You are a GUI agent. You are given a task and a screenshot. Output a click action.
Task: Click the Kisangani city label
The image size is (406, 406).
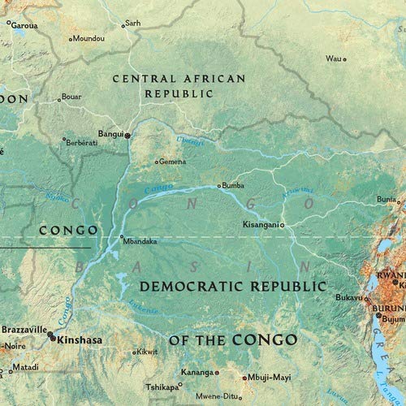(x=261, y=223)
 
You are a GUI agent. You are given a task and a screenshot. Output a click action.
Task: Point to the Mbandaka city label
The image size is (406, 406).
(x=138, y=240)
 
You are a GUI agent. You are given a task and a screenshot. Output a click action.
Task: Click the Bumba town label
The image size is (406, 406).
(x=233, y=185)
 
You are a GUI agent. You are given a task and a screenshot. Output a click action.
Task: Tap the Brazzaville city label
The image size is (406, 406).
(x=24, y=331)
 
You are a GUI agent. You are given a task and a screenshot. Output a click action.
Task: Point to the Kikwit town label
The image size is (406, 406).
(x=146, y=352)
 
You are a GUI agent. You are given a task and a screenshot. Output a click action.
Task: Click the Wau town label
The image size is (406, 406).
(x=333, y=58)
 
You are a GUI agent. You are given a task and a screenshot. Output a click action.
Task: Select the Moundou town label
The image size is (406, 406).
(x=90, y=38)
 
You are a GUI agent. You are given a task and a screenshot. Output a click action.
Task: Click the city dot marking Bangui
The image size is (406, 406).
(x=127, y=135)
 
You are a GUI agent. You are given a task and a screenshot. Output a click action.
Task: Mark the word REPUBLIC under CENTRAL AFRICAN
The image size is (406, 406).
(x=179, y=94)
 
